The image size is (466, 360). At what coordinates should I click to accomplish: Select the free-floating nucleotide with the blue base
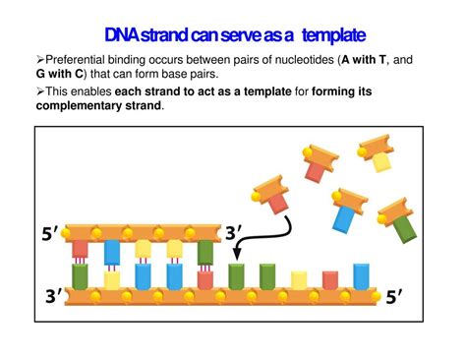346,209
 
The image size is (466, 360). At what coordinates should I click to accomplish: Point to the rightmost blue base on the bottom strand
361,274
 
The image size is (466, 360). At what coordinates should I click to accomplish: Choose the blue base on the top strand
111,252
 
